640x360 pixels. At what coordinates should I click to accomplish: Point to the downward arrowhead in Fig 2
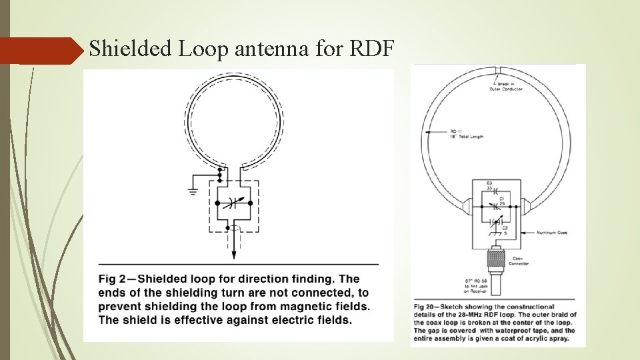click(233, 254)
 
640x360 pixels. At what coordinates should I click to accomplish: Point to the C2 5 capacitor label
click(505, 231)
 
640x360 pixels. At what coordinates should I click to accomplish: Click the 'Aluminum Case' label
click(549, 233)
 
